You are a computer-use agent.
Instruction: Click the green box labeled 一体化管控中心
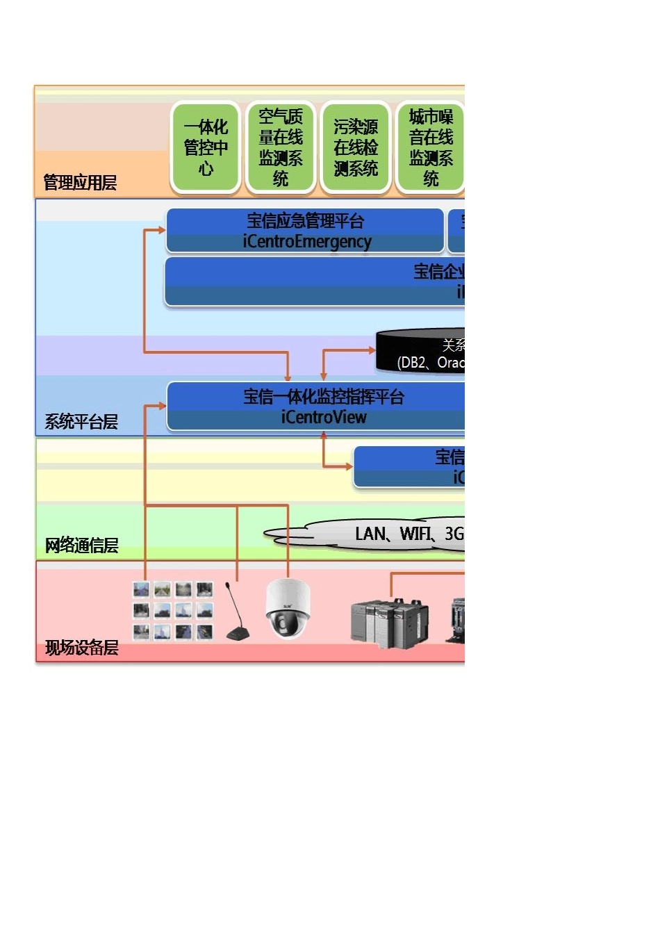tap(206, 147)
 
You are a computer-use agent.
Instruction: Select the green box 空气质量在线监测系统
tap(281, 147)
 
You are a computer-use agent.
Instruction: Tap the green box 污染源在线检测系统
tap(356, 147)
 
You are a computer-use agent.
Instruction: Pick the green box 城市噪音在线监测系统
tap(431, 147)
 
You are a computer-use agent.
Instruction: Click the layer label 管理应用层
tap(80, 183)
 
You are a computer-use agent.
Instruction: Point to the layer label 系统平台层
tap(81, 422)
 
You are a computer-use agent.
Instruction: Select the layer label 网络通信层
tap(81, 546)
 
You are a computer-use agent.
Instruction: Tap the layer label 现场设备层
tap(81, 648)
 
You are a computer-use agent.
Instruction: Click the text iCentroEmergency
tap(307, 242)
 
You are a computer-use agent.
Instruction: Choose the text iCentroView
tap(324, 418)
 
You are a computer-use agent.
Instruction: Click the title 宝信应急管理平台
tap(306, 221)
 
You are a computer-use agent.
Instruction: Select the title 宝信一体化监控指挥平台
tap(324, 397)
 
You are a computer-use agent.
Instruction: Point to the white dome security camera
tap(288, 609)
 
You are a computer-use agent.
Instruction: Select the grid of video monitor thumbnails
tap(173, 611)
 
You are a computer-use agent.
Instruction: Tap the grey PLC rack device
tap(389, 623)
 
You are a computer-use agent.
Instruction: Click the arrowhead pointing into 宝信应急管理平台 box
tap(163, 230)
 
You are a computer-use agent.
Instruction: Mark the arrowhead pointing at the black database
tap(372, 350)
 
